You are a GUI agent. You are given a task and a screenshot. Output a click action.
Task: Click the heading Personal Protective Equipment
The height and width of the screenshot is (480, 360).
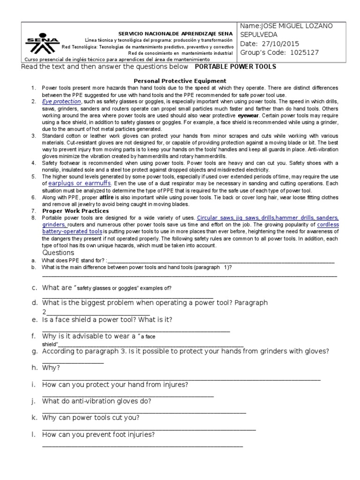[x=180, y=81]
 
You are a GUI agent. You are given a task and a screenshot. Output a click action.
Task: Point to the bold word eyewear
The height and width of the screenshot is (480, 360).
[x=247, y=115]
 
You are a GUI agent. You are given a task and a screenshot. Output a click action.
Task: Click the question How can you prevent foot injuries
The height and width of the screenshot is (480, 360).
[x=98, y=435]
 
